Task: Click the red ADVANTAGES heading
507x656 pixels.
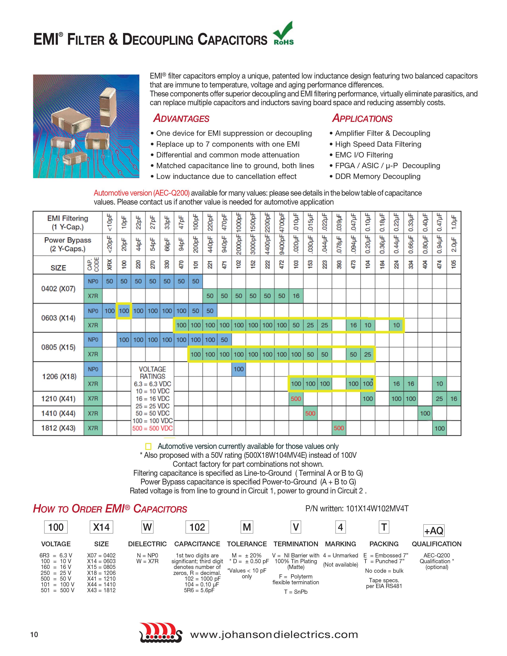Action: [x=181, y=118]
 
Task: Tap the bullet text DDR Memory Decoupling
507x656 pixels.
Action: [x=378, y=176]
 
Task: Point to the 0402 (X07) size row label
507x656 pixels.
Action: [x=58, y=289]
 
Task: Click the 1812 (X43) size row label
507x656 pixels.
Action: [x=58, y=428]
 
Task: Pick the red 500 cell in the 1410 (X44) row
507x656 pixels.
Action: [x=310, y=413]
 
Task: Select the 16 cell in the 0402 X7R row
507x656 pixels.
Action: [x=296, y=296]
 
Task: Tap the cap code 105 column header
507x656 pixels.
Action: [x=454, y=264]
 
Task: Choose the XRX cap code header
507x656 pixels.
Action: [x=110, y=264]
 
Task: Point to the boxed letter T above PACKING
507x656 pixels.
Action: [x=384, y=527]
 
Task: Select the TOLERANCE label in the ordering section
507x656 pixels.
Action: [x=247, y=544]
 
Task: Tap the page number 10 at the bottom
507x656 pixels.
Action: [x=34, y=634]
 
